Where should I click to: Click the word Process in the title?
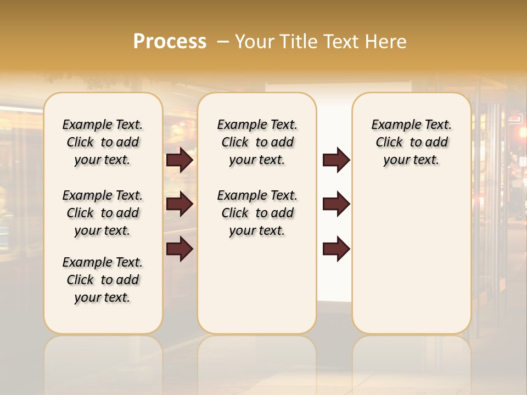tap(170, 42)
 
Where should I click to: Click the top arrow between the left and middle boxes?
tap(180, 160)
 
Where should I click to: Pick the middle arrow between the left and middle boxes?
tap(180, 204)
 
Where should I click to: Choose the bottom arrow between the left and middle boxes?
tap(180, 249)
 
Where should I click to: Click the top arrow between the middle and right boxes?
tap(336, 160)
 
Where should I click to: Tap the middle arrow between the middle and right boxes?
tap(336, 204)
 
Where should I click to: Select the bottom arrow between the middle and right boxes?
tap(336, 249)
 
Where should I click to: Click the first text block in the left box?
tap(103, 142)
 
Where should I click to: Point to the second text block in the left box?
tap(103, 213)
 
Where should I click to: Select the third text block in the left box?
tap(103, 280)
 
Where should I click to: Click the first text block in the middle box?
tap(257, 142)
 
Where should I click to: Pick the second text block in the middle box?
tap(257, 213)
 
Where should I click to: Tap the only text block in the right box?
tap(411, 142)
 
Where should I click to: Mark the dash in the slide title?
tap(223, 42)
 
